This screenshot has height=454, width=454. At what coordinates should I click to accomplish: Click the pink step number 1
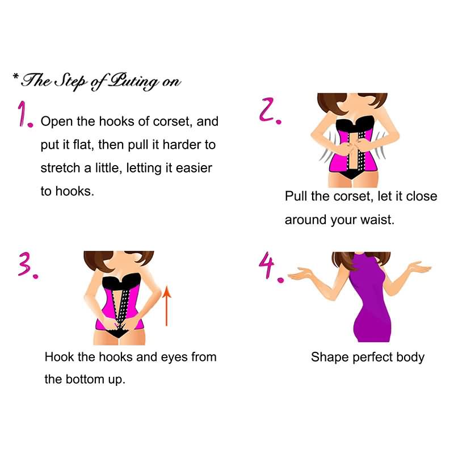click(24, 114)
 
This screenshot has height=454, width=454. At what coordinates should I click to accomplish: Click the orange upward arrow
click(166, 306)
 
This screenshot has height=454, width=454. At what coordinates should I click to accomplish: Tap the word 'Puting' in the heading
click(134, 81)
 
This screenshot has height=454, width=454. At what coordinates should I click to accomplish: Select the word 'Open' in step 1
click(57, 122)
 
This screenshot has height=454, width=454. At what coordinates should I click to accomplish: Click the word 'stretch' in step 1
click(60, 168)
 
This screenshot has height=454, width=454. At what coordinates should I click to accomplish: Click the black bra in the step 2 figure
click(354, 124)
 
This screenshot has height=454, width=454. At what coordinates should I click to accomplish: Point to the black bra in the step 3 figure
click(121, 281)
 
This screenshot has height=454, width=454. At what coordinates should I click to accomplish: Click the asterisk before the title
click(16, 77)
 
